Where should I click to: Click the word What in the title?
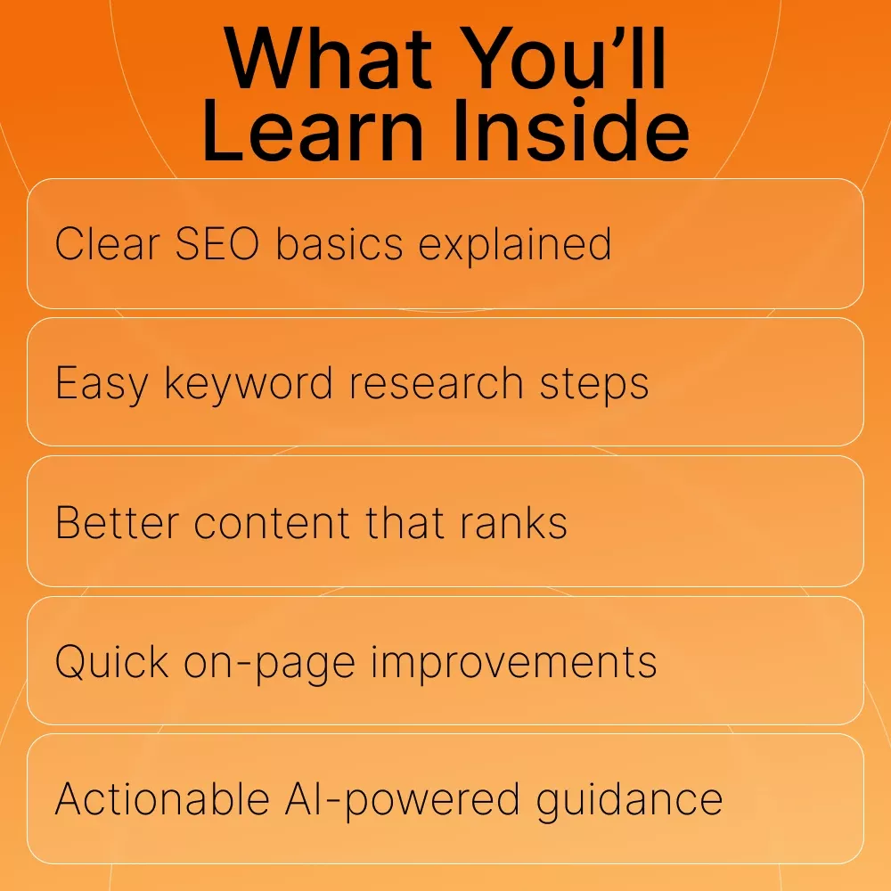tap(328, 58)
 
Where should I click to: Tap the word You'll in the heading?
tap(563, 58)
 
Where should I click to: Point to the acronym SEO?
tap(217, 244)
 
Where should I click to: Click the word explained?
tap(515, 244)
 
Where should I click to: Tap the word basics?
tap(339, 243)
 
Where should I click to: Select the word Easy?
tap(102, 384)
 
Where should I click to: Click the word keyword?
tap(249, 384)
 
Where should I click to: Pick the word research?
tap(436, 382)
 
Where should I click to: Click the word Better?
tap(118, 522)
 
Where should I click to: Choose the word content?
tap(272, 523)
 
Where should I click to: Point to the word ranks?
tap(513, 521)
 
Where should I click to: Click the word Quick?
tap(112, 661)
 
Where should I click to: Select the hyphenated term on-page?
tap(269, 663)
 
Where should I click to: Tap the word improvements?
tap(514, 662)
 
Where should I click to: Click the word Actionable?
tap(162, 799)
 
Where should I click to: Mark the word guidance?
tap(629, 801)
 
